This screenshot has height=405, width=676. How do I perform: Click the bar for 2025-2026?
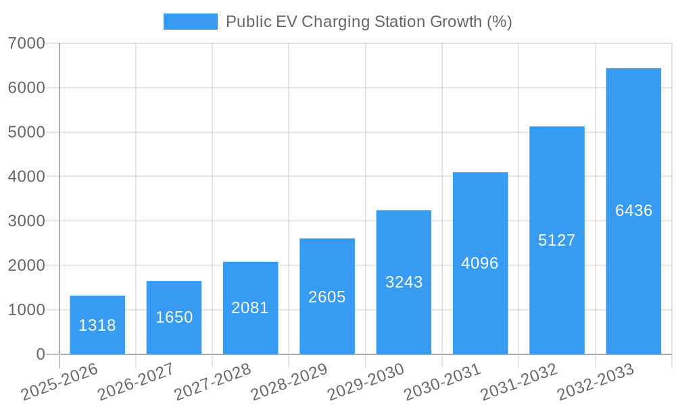[x=97, y=325]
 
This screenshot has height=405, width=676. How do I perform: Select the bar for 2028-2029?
[x=327, y=296]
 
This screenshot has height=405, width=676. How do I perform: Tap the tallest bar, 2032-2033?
[x=633, y=211]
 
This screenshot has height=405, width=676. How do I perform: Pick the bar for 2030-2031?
[x=480, y=263]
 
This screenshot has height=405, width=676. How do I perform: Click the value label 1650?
[x=174, y=317]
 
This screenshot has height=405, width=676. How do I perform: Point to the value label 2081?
[x=250, y=308]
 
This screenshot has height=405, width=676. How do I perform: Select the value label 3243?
[x=404, y=282]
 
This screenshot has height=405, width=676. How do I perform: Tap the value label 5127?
[x=556, y=240]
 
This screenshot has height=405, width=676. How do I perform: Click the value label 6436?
[x=633, y=211]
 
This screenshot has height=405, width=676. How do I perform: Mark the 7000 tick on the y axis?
[x=26, y=44]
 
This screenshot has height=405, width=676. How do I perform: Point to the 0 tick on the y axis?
[x=40, y=354]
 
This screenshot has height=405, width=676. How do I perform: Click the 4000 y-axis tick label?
[x=26, y=177]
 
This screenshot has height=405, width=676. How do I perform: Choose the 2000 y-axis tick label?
[x=26, y=266]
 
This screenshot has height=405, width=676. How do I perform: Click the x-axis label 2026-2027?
[x=136, y=382]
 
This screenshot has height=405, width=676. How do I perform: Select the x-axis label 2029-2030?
[x=366, y=382]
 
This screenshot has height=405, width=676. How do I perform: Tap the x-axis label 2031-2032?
[x=519, y=382]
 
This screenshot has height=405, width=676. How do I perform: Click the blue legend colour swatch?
[x=190, y=22]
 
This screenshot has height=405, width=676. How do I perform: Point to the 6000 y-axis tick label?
[x=26, y=88]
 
